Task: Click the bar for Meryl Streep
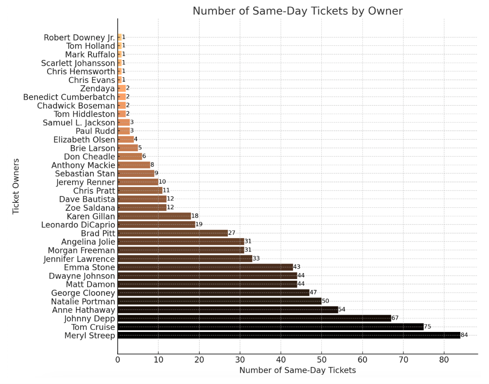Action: coord(289,335)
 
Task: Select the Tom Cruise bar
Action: coord(270,327)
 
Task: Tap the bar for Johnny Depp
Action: coord(254,318)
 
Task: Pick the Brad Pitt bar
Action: coord(173,233)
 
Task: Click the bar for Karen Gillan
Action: coord(154,216)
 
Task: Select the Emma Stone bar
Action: coord(205,267)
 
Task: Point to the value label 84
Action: coord(464,335)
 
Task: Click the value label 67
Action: coord(395,318)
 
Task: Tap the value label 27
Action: coord(232,233)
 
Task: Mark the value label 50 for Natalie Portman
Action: coord(325,301)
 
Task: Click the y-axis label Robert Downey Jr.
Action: coord(79,37)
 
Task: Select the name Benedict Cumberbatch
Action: coord(69,97)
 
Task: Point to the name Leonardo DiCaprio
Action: coord(78,225)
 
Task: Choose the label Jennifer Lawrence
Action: coord(79,259)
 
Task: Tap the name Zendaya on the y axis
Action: coord(97,89)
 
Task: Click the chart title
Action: coord(297,11)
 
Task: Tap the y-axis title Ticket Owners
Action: coord(16,186)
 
